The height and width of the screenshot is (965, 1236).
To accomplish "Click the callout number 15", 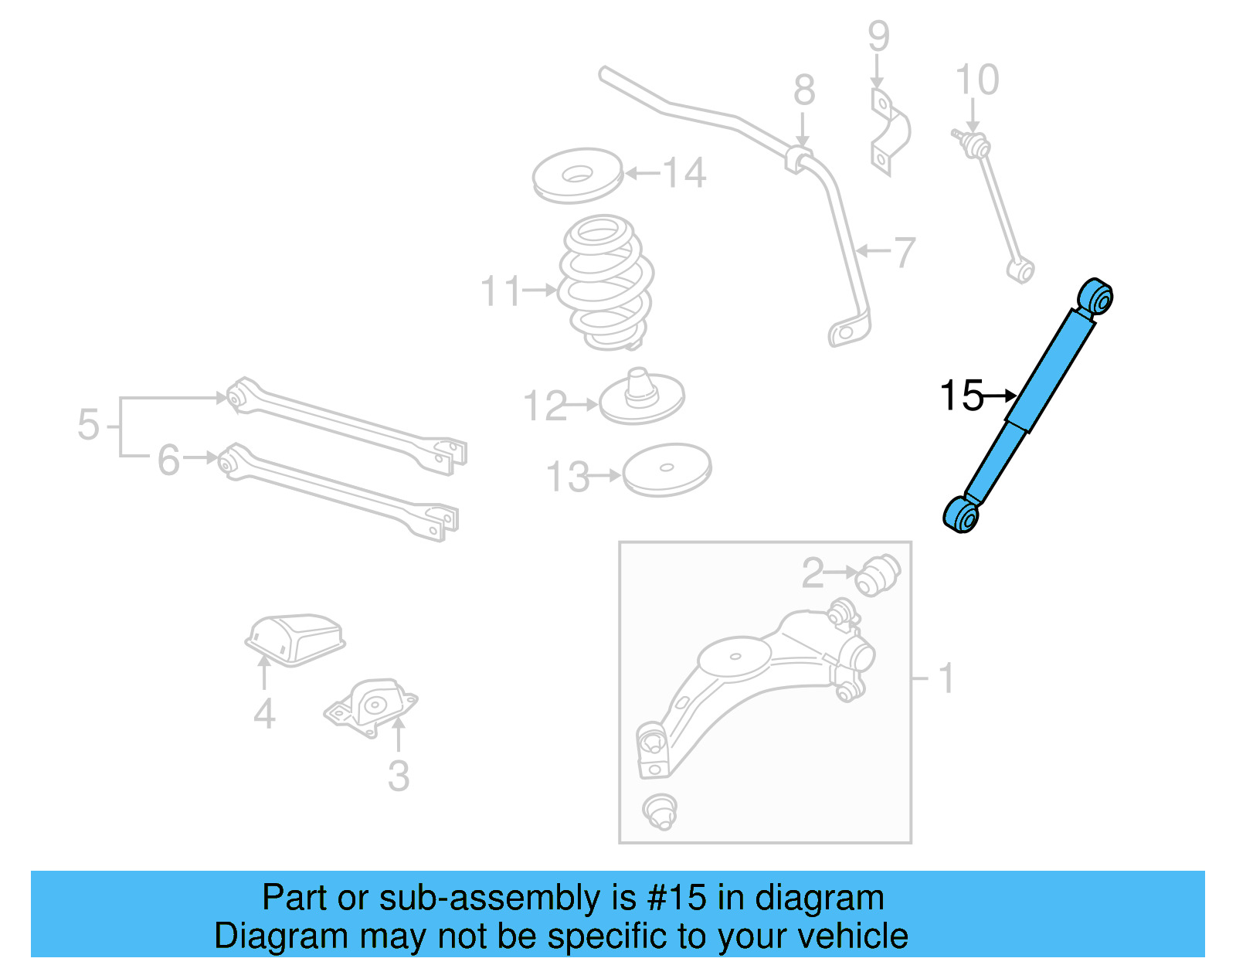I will click(960, 396).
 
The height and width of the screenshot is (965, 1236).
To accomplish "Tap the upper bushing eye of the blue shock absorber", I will click(1096, 297).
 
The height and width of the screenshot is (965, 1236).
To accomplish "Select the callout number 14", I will click(684, 172).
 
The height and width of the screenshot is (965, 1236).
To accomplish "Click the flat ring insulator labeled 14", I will click(577, 176).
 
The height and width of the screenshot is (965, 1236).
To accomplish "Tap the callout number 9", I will click(878, 36).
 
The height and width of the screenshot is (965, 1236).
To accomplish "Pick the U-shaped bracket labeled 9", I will click(889, 131).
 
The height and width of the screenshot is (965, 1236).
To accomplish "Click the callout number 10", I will click(976, 80).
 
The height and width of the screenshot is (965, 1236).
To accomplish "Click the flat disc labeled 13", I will click(667, 468).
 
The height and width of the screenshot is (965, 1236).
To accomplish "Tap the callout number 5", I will click(88, 425).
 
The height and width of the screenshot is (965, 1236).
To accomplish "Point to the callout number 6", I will click(168, 460).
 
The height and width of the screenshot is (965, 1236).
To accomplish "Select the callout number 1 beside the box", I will click(946, 678).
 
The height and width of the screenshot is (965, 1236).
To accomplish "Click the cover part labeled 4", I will click(295, 638).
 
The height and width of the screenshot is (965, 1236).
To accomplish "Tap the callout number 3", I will click(398, 776).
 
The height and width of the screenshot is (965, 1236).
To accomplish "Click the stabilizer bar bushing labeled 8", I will click(800, 158).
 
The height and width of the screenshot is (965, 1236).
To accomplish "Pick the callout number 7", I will click(904, 252).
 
